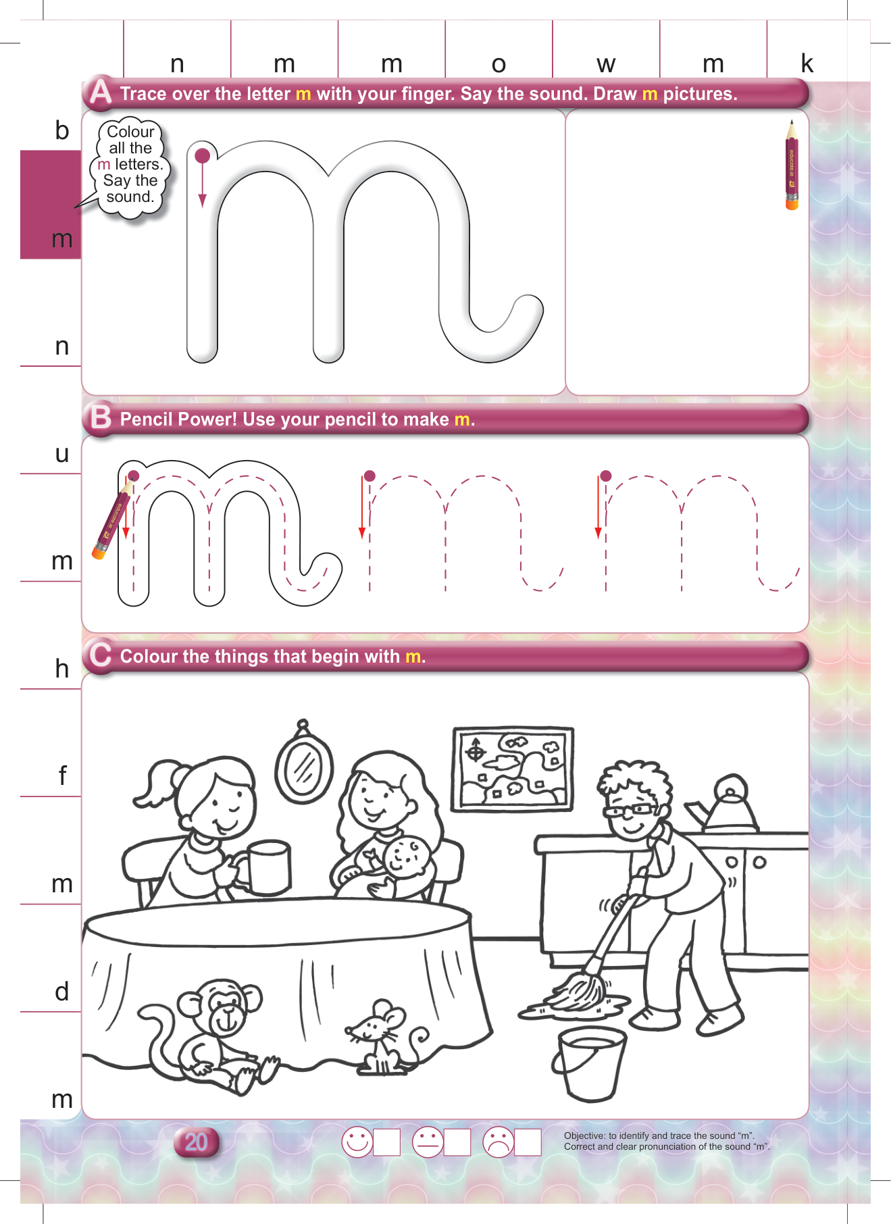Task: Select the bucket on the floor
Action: pos(589,1064)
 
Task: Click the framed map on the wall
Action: pos(513,769)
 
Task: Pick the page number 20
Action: pos(196,1142)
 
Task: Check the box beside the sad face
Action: pos(528,1142)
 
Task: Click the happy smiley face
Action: pos(357,1142)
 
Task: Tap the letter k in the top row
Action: pos(807,63)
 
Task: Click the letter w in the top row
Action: pos(606,65)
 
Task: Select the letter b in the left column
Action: pos(62,130)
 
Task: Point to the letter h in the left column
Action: pos(62,668)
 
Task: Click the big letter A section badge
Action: pos(101,92)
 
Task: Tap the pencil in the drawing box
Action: pos(792,165)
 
